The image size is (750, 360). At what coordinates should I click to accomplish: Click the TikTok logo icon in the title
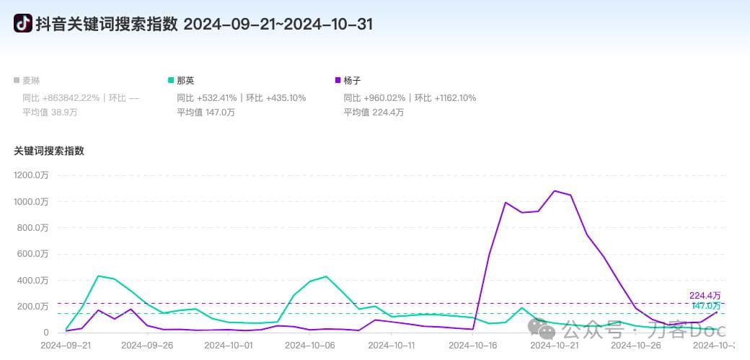click(x=23, y=24)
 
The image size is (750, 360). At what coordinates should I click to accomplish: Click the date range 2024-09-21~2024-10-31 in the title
click(x=278, y=24)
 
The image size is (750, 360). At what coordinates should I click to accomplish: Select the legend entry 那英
click(x=185, y=80)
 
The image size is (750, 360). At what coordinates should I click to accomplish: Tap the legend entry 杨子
click(x=353, y=80)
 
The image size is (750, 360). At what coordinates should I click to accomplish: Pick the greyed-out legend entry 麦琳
click(x=32, y=80)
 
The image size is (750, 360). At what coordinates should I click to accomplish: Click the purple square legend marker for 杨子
click(x=338, y=80)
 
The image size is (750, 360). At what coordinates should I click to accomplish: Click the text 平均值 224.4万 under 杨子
click(x=374, y=112)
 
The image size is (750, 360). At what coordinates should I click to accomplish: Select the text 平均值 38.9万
click(x=50, y=112)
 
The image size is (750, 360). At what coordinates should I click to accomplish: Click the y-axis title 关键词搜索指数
click(x=49, y=151)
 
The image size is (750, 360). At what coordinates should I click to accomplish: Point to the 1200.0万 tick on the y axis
click(x=31, y=175)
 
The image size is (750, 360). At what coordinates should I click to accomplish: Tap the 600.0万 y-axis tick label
click(x=33, y=254)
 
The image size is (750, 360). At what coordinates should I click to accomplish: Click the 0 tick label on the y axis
click(x=45, y=333)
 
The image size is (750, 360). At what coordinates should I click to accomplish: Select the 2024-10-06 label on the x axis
click(x=310, y=346)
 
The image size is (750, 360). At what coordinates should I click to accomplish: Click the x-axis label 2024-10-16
click(x=472, y=346)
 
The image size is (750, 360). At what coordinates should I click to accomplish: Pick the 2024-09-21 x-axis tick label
click(x=66, y=346)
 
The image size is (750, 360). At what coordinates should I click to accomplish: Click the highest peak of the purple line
click(x=555, y=191)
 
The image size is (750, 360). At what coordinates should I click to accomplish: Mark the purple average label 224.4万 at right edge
click(x=705, y=295)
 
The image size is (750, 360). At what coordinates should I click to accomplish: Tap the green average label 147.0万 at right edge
click(x=706, y=306)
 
